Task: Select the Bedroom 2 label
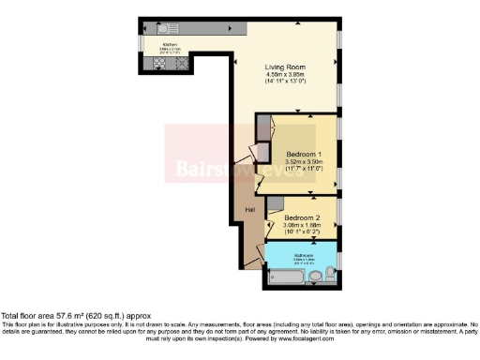(302, 217)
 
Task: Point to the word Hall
(250, 209)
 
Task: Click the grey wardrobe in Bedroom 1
(263, 141)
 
